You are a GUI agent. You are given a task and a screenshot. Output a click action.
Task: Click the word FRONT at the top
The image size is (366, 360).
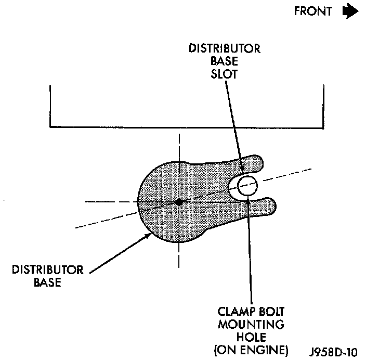click(312, 11)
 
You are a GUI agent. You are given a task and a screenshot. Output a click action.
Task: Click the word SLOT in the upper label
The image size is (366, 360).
click(225, 74)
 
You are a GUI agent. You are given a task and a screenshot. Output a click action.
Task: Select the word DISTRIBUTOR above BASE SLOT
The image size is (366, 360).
click(225, 49)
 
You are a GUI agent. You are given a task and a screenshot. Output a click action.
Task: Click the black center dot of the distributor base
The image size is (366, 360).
click(178, 202)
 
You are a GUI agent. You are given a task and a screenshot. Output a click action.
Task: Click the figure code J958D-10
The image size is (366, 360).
click(336, 350)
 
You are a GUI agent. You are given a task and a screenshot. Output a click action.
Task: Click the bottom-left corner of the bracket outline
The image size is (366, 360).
click(50, 126)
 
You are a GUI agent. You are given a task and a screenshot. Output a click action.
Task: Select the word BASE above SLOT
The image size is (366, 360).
click(225, 61)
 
